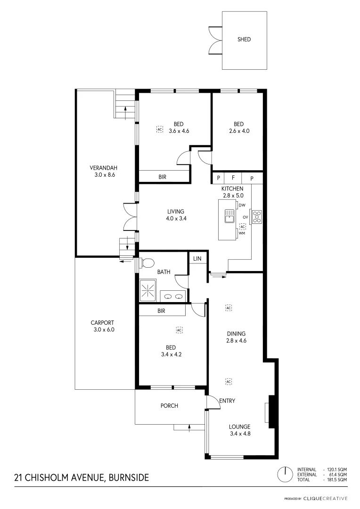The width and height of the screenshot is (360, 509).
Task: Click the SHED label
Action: coord(244,40)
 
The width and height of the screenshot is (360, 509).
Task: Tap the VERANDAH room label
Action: coord(103,168)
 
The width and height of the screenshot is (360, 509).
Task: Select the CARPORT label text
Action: coord(103,323)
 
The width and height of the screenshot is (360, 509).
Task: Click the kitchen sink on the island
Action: coord(230,216)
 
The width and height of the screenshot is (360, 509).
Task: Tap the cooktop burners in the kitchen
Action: coord(257,217)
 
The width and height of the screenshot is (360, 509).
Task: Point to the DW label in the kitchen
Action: coord(242,205)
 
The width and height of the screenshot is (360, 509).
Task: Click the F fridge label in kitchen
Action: coord(233,178)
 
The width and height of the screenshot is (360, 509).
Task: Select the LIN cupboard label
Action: coord(197,259)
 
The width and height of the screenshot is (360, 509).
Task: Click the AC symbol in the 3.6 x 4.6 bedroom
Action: coord(159,129)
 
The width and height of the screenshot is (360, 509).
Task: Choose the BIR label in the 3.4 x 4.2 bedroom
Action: coord(161,311)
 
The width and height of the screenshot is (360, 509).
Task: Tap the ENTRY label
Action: coord(227,401)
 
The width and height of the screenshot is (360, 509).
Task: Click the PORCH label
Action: coord(169,406)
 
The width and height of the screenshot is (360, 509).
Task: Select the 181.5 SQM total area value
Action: coord(337,479)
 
